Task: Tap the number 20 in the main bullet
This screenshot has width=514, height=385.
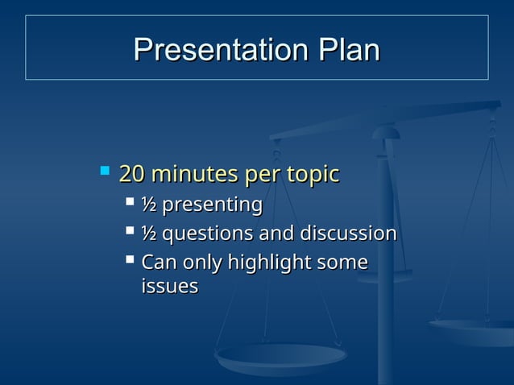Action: click(x=132, y=174)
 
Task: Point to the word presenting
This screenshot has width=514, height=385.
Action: click(x=212, y=205)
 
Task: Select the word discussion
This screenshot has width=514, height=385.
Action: click(x=348, y=234)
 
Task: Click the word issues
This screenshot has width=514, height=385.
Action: click(x=169, y=286)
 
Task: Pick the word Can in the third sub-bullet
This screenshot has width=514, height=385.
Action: click(x=158, y=263)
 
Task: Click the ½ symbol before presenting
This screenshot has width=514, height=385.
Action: click(x=149, y=205)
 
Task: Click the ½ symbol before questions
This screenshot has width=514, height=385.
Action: click(x=149, y=234)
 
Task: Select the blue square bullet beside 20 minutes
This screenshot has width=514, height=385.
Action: click(x=104, y=171)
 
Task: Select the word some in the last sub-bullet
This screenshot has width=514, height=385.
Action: click(x=343, y=263)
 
